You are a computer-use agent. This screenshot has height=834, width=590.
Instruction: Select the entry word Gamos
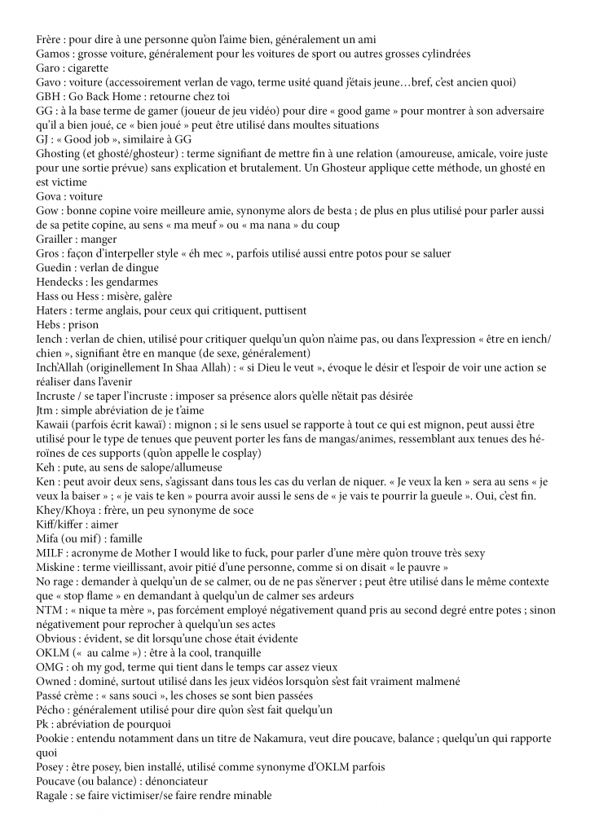tap(54, 54)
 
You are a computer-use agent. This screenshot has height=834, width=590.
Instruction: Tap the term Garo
tap(49, 68)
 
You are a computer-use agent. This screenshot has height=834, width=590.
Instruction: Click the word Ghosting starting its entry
tap(60, 154)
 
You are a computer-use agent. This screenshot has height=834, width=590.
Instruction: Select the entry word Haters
tap(55, 310)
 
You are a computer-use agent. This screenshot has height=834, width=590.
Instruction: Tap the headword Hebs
tap(50, 325)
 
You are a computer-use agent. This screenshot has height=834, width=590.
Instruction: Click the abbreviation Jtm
tap(46, 410)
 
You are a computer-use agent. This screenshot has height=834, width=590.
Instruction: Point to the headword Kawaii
tap(56, 424)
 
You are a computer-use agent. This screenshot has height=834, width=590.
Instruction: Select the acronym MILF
tap(51, 553)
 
